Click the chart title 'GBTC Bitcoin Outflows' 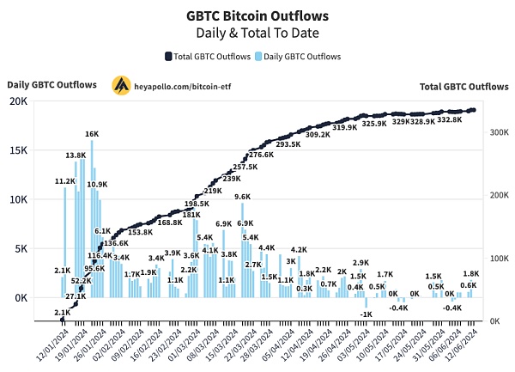pyautogui.click(x=257, y=15)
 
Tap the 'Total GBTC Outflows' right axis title pyautogui.click(x=464, y=86)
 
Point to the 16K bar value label pyautogui.click(x=92, y=134)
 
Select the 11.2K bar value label pyautogui.click(x=65, y=181)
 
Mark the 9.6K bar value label pyautogui.click(x=243, y=197)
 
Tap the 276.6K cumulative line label pyautogui.click(x=261, y=155)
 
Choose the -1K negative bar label pyautogui.click(x=367, y=314)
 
